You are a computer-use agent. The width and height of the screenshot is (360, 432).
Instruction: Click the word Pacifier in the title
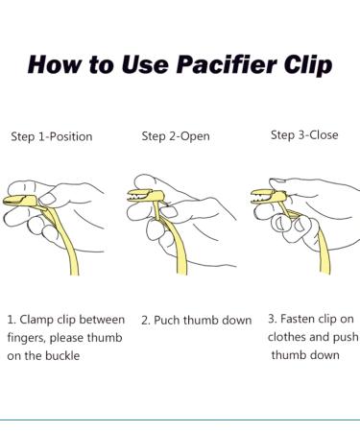pos(227,64)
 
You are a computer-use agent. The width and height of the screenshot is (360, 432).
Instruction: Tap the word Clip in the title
pos(308,65)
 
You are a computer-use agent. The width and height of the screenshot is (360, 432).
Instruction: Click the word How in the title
pos(54,64)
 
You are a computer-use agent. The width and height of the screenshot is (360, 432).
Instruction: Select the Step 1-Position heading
pos(52,136)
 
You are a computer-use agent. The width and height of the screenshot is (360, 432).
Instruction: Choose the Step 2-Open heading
pos(176,136)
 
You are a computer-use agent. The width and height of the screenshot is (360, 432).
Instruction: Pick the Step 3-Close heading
pos(304,134)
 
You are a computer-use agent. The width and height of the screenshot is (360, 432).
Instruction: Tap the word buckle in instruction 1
pos(62,355)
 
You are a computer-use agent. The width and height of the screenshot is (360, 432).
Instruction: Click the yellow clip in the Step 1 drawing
pos(21,201)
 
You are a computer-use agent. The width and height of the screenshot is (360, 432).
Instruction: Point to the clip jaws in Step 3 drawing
pos(262,196)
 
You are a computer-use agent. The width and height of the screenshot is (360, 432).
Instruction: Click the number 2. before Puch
pos(146,321)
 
